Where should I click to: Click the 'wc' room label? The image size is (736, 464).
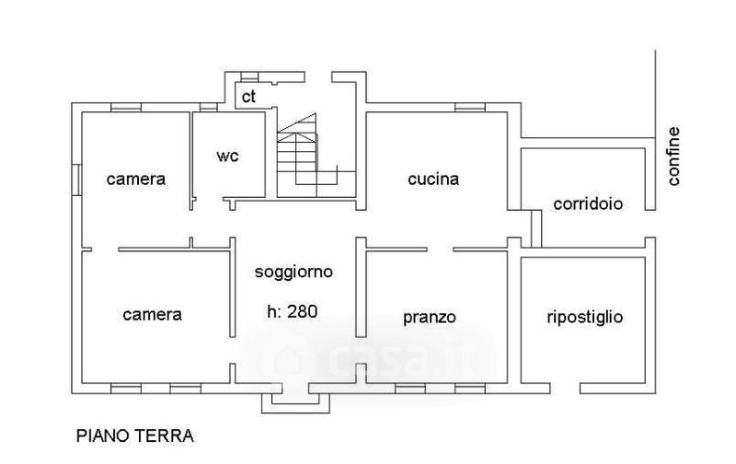coord(227,156)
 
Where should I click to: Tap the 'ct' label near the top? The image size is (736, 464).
coord(248,97)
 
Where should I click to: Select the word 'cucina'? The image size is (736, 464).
coord(433,179)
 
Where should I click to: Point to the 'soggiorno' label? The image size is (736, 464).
coord(293,272)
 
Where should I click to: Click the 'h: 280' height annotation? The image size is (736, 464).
coord(293,311)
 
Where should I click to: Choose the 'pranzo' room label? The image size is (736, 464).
coord(430,318)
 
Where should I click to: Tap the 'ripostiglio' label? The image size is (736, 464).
coord(585,318)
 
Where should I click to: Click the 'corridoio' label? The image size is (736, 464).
coord(588,203)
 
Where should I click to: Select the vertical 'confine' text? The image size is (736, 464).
coord(673,157)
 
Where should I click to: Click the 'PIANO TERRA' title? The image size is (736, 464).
coord(134,435)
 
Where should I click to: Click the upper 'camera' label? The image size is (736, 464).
coord(136,179)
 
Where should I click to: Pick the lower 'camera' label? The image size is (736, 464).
coord(152,314)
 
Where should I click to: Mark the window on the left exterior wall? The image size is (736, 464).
coord(76,180)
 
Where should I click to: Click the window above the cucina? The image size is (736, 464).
coord(470,107)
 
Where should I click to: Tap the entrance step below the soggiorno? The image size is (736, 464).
coord(295,403)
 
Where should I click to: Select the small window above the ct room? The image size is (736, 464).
coord(249,77)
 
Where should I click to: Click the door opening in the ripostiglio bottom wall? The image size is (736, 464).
coord(565,389)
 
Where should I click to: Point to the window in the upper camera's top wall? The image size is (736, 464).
coord(126,107)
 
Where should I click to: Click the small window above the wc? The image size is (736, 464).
coord(208,107)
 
